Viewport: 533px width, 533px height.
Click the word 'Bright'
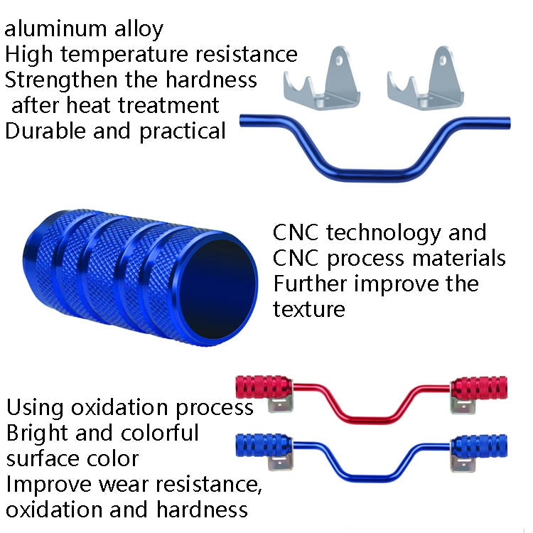pyautogui.click(x=36, y=433)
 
